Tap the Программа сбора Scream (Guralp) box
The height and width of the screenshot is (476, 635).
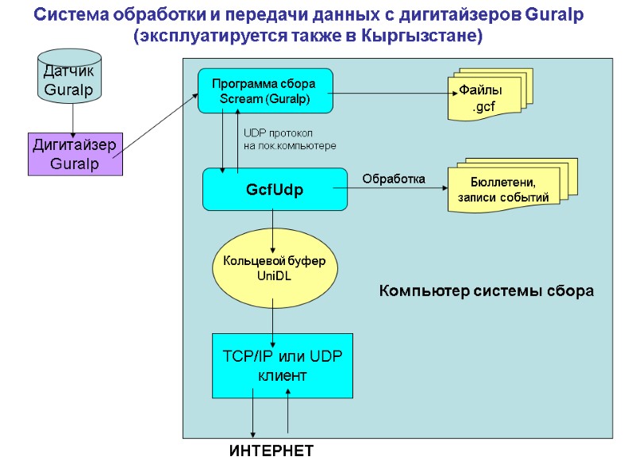pos(264,90)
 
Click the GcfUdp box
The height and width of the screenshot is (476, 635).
pos(275,189)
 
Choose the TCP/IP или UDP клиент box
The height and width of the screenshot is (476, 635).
pos(282,366)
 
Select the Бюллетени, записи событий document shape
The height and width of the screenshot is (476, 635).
pos(505,190)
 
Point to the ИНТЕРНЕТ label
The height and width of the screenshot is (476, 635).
pos(271,451)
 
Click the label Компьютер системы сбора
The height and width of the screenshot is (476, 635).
pos(486,291)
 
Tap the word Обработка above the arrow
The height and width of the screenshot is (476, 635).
pos(394,179)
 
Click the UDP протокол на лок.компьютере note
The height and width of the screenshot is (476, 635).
pos(289,140)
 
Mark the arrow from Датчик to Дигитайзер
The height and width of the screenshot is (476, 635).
pos(73,117)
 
